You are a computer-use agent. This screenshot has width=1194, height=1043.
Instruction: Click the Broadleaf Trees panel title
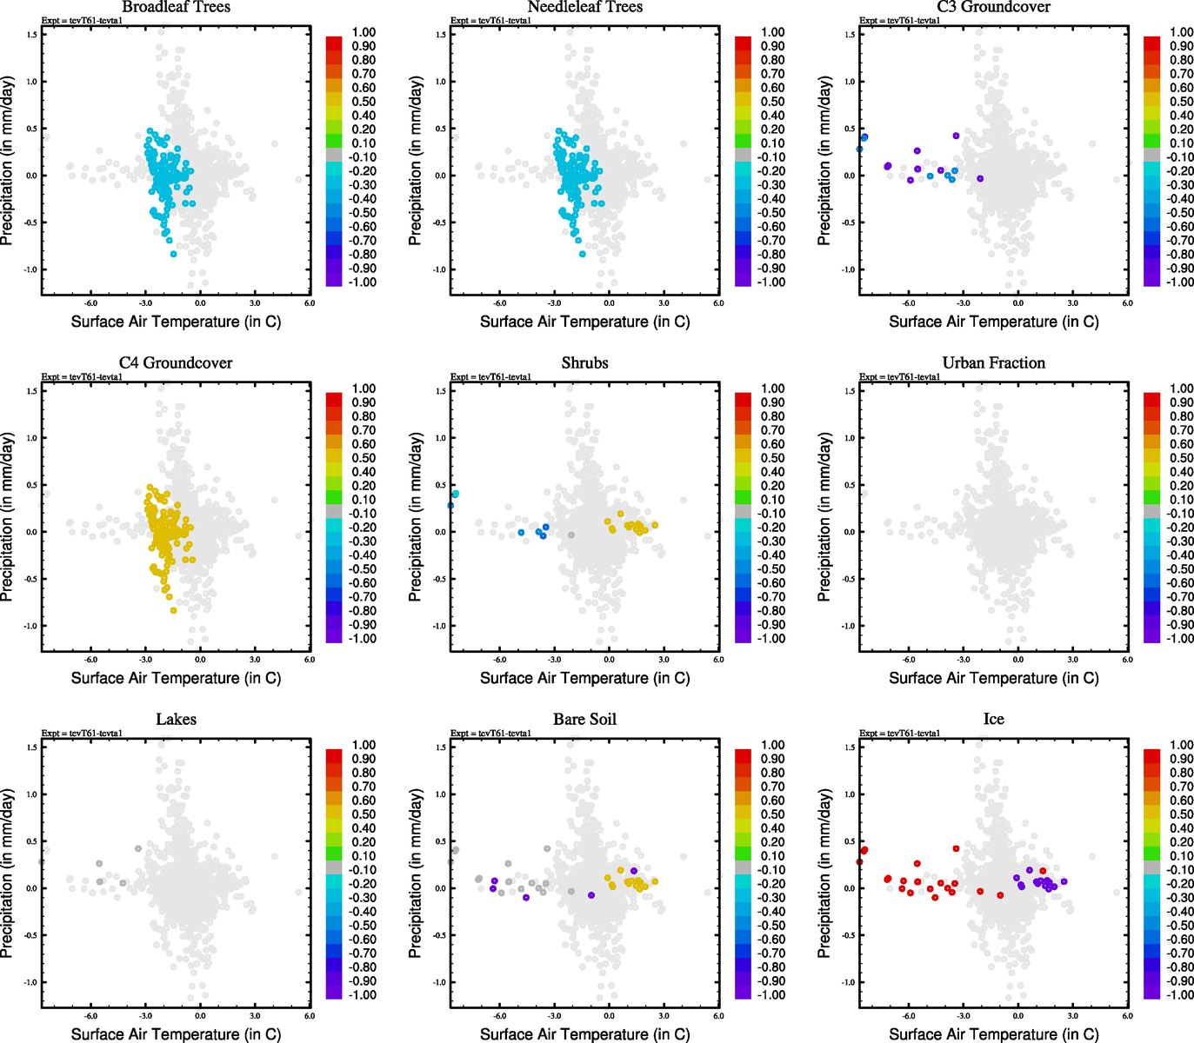point(176,7)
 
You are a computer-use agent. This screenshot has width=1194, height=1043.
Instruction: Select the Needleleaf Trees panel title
point(584,7)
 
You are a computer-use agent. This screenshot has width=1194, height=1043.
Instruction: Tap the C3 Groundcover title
point(993,7)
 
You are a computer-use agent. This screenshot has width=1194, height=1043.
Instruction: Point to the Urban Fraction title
point(993,363)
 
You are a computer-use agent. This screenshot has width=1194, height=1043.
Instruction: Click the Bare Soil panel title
point(584,720)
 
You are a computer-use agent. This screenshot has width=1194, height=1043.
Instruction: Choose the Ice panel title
point(993,720)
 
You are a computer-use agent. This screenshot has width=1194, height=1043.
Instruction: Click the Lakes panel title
point(176,720)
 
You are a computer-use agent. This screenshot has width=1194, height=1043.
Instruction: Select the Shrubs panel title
point(584,363)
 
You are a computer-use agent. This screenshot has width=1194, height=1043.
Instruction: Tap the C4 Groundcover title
point(176,363)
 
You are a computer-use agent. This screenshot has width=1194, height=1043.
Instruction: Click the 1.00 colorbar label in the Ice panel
point(1181,745)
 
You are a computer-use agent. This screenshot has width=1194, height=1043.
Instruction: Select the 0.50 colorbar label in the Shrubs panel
point(772,458)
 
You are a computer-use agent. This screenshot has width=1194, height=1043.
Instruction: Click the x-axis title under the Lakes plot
point(176,1034)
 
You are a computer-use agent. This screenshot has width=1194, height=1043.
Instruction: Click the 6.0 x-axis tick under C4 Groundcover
point(310,660)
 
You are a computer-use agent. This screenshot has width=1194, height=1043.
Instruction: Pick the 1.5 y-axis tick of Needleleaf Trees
point(441,35)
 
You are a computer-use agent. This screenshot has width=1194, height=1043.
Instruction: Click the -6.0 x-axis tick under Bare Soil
point(500,1016)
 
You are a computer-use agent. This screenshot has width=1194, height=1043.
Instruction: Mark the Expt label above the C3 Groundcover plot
point(899,21)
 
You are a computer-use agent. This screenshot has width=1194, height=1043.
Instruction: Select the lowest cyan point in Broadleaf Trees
point(174,254)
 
